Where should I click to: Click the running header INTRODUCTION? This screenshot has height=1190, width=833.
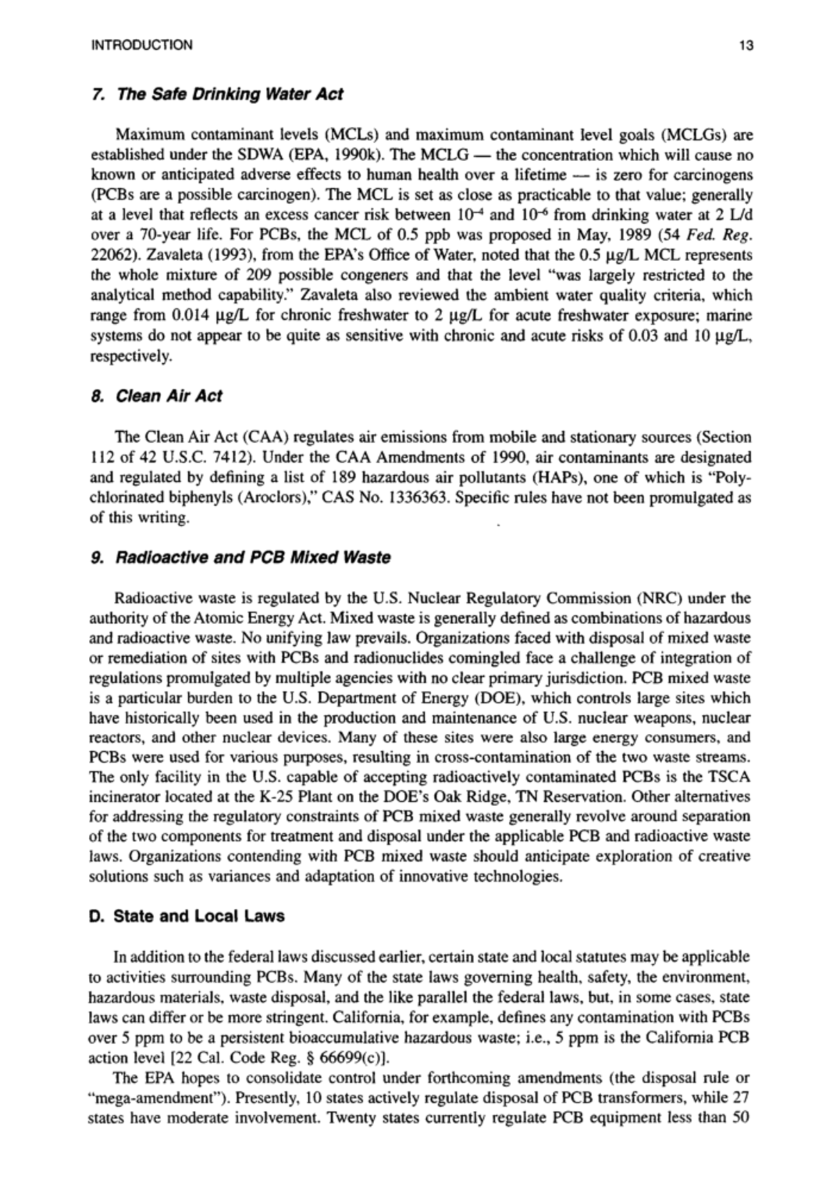pos(142,46)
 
